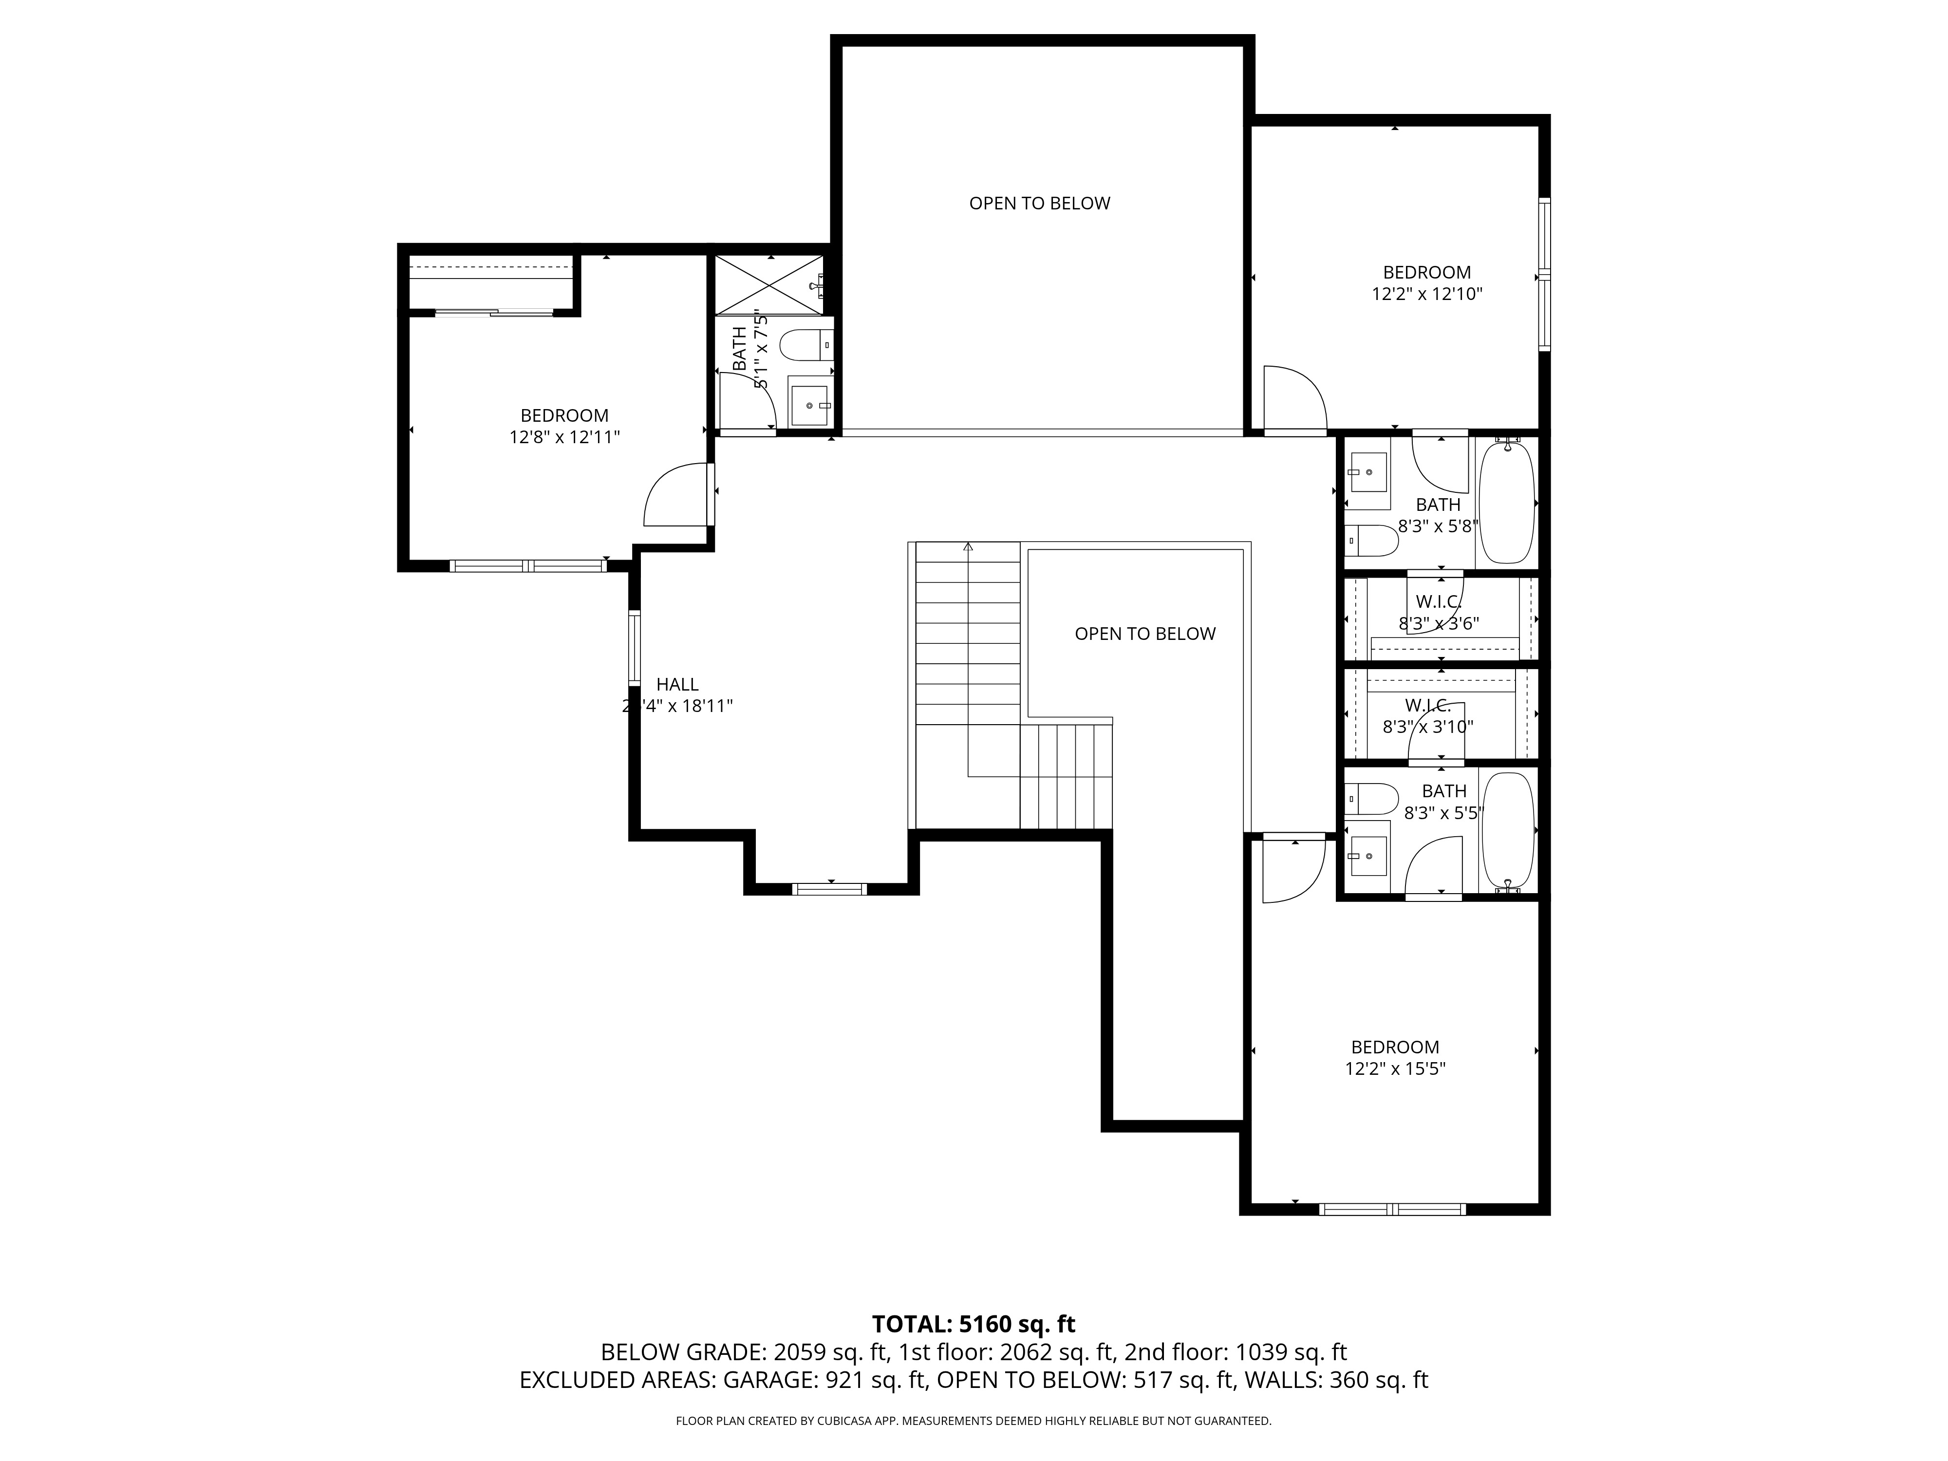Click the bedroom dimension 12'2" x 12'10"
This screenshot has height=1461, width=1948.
pyautogui.click(x=1426, y=294)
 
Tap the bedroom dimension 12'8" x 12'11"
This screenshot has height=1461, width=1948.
pyautogui.click(x=564, y=437)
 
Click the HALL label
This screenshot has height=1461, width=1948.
pyautogui.click(x=677, y=684)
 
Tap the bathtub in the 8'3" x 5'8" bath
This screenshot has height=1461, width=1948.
pyautogui.click(x=1507, y=502)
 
